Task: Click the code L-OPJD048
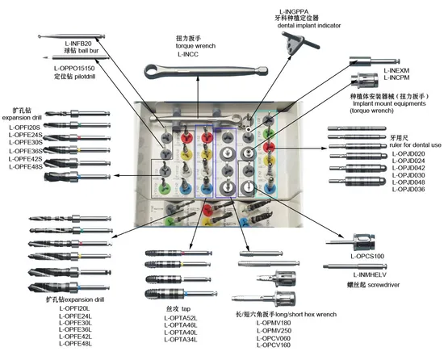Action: point(406,182)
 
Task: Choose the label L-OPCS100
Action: point(367,256)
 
